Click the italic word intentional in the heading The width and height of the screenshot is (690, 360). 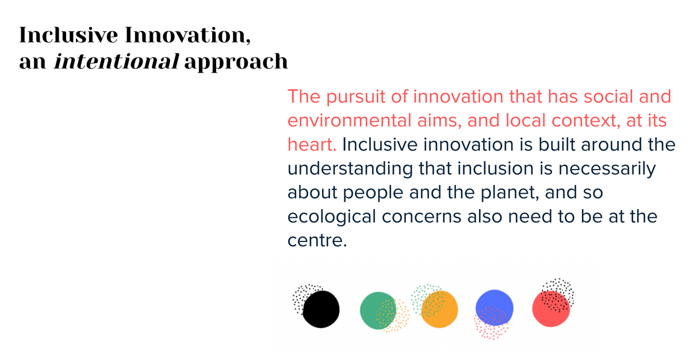pyautogui.click(x=116, y=61)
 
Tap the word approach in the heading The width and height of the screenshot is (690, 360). pyautogui.click(x=236, y=63)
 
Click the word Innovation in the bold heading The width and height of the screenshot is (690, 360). pyautogui.click(x=187, y=35)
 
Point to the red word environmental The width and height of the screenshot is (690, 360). pyautogui.click(x=350, y=120)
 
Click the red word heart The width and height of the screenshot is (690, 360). pyautogui.click(x=312, y=144)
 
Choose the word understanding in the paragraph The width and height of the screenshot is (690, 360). pyautogui.click(x=350, y=170)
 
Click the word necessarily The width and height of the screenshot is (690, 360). pyautogui.click(x=607, y=170)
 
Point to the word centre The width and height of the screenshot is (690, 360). pyautogui.click(x=317, y=241)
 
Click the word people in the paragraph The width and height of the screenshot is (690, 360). pyautogui.click(x=373, y=193)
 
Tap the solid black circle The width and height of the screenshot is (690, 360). pyautogui.click(x=321, y=309)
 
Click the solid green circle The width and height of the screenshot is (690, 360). pyautogui.click(x=378, y=311)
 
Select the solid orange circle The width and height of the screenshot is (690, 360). pyautogui.click(x=439, y=309)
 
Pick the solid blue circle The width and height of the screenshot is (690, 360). pyautogui.click(x=494, y=308)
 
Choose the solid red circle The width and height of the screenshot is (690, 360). pyautogui.click(x=551, y=309)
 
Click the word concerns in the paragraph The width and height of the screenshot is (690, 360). pyautogui.click(x=421, y=216)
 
